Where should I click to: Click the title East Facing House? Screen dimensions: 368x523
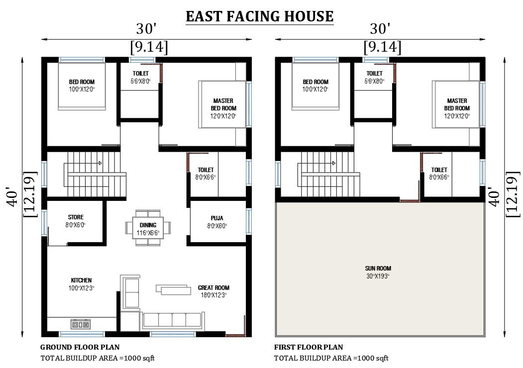pos(259,16)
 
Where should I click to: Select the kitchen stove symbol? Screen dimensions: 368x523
pos(81,324)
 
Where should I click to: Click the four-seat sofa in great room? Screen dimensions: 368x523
pos(172,320)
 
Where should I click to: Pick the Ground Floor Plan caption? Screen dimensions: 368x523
pos(80,347)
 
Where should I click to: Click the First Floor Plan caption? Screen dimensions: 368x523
pos(309,347)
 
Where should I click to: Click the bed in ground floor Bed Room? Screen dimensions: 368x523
pos(82,86)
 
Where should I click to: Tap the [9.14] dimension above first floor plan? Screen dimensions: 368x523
pos(382,47)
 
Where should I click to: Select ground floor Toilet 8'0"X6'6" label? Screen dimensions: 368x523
pos(206,173)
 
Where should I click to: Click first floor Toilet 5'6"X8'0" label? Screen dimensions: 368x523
pos(374,77)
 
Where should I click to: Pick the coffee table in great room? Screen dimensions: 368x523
pos(173,288)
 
